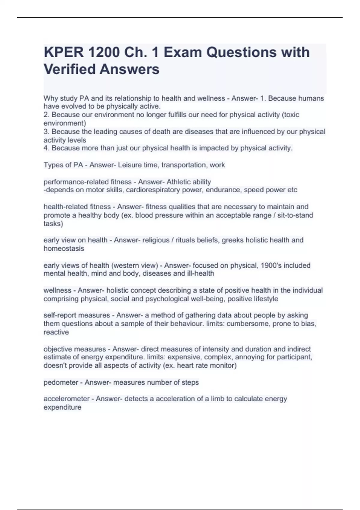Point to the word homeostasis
pos(64,248)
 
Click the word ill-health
pos(200,274)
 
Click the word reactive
pos(56,332)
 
